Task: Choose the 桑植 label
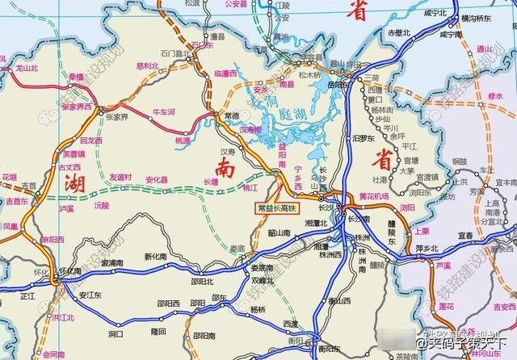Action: click(x=76, y=77)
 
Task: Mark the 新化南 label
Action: click(x=154, y=257)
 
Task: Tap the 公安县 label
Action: click(x=234, y=4)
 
